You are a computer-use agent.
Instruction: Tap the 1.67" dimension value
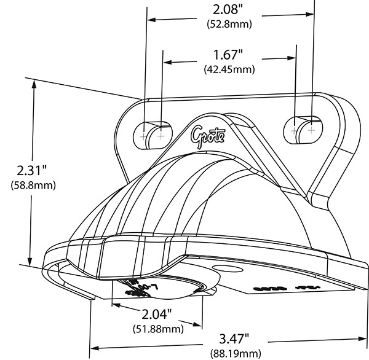pos(228,55)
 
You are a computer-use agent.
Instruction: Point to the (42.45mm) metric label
pos(228,69)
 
